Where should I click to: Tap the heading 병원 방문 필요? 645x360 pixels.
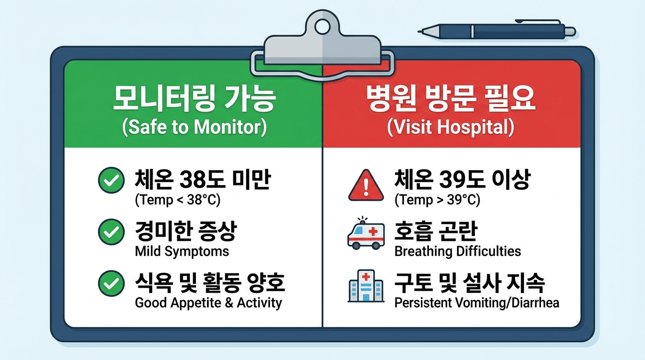click(x=450, y=99)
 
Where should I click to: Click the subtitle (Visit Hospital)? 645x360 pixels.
click(x=450, y=127)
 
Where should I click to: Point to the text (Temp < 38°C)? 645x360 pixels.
click(x=177, y=200)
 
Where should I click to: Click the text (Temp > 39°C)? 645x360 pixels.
click(x=437, y=200)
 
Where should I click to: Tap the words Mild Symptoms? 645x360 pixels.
click(x=182, y=251)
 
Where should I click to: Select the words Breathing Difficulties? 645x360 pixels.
click(x=457, y=251)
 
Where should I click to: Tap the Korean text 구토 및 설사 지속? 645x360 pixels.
click(x=470, y=282)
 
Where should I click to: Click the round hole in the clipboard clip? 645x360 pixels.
click(x=322, y=26)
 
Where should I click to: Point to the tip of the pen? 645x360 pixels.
click(x=420, y=31)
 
